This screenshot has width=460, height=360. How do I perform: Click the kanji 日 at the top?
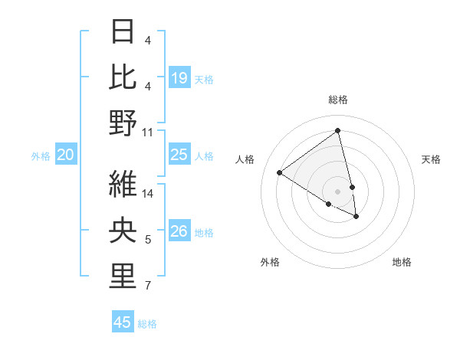(x=123, y=31)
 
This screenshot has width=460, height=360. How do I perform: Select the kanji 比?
(x=123, y=77)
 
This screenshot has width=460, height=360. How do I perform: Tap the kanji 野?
(x=123, y=122)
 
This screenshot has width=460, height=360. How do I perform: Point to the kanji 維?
(x=123, y=183)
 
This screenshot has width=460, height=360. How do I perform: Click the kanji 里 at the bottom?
(x=123, y=277)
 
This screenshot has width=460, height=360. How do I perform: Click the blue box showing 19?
(x=179, y=77)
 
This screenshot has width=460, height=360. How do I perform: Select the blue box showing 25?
(x=179, y=155)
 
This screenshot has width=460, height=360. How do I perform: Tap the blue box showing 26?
(x=179, y=231)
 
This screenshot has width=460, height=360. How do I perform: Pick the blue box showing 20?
(x=66, y=155)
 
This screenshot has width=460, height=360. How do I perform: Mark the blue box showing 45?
(x=123, y=322)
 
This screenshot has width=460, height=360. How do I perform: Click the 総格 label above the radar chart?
(x=337, y=100)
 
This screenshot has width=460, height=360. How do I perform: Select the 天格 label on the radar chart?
(x=432, y=159)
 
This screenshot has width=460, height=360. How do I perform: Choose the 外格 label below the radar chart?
(x=270, y=262)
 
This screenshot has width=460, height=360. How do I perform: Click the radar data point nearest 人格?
(x=280, y=172)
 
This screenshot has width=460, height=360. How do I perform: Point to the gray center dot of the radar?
(x=337, y=191)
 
